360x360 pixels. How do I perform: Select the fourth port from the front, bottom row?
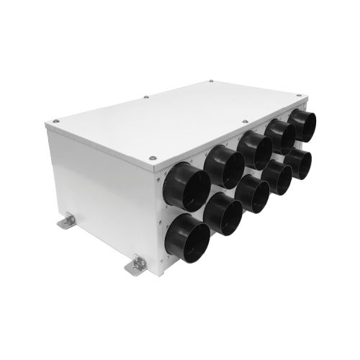tap(278, 178)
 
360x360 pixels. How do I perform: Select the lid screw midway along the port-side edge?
tap(244, 122)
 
